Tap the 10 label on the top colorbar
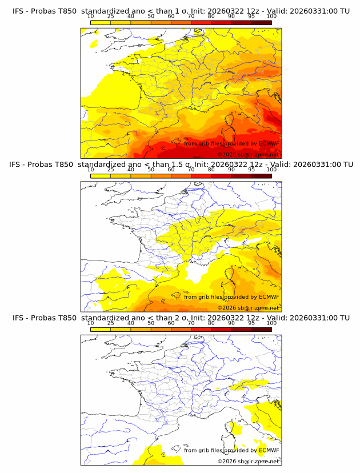pos(90,17)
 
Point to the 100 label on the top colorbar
pos(271,17)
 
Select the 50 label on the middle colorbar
pos(151,170)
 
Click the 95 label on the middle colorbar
pos(251,170)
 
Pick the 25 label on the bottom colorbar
pos(110,323)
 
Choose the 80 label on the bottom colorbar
pos(211,323)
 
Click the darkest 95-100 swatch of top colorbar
pos(261,22)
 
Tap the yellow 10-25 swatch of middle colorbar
pos(101,176)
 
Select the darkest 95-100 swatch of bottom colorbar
pos(261,329)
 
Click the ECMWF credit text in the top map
pos(231,143)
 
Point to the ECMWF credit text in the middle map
pos(231,296)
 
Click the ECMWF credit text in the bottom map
pos(231,450)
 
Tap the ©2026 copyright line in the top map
pos(248,155)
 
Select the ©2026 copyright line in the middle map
pos(248,308)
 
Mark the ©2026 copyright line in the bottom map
pos(248,461)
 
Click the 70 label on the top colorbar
pos(191,17)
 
